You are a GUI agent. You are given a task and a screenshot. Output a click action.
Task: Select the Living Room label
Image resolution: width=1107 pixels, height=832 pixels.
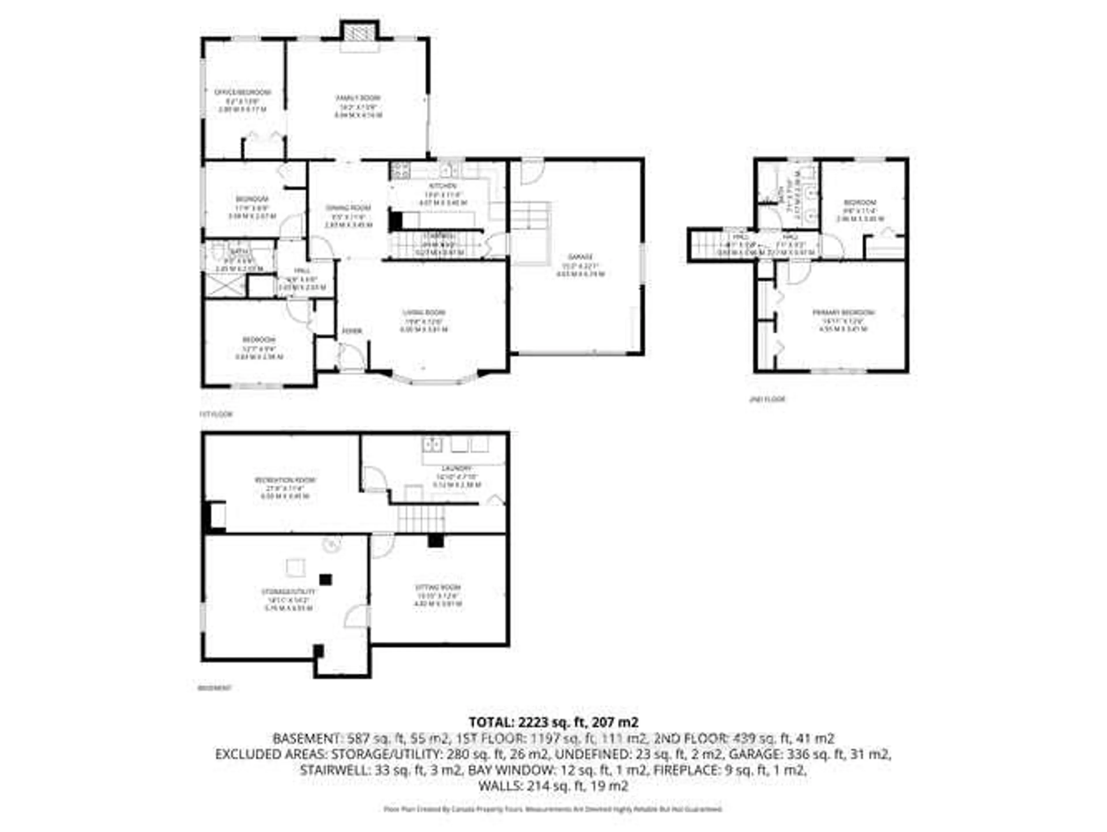[x=424, y=313]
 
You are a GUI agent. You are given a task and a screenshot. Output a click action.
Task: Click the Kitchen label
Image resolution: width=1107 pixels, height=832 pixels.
[x=443, y=186]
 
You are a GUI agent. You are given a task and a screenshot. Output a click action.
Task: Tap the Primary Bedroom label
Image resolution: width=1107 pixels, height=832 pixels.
[x=843, y=313]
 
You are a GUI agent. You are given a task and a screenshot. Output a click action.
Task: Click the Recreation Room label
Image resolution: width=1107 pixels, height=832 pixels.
[x=285, y=480]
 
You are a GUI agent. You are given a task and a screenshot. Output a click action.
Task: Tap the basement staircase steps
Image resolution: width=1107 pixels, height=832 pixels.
[x=421, y=518]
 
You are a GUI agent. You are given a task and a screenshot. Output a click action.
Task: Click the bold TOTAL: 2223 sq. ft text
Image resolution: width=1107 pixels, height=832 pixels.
[x=553, y=722]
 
